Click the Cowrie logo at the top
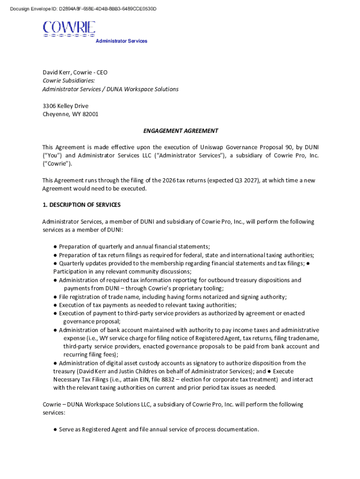point(69,29)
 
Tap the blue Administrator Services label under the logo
point(121,41)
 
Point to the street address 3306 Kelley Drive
point(65,106)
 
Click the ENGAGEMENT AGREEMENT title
point(180,131)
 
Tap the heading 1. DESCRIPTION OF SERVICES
point(81,205)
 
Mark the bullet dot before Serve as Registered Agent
point(55,429)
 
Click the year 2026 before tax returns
point(170,181)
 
